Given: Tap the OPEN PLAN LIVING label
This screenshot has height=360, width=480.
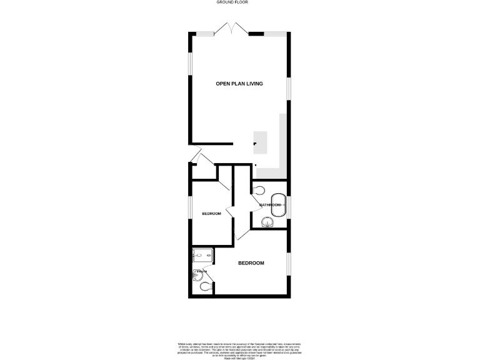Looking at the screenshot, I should pyautogui.click(x=239, y=84).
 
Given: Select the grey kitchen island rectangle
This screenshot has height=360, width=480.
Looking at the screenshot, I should pyautogui.click(x=260, y=142).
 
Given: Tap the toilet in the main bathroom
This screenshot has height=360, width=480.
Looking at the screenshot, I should pyautogui.click(x=260, y=190).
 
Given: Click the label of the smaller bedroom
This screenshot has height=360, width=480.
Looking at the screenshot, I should pyautogui.click(x=211, y=214).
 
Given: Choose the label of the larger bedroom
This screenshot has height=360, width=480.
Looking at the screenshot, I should pyautogui.click(x=251, y=263).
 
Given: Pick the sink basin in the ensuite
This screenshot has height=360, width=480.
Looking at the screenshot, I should pyautogui.click(x=197, y=273).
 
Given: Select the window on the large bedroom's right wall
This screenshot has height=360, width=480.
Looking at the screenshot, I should pyautogui.click(x=288, y=263).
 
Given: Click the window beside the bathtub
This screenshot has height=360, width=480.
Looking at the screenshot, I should pyautogui.click(x=288, y=205).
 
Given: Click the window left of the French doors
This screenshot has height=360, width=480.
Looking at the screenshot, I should pyautogui.click(x=204, y=32).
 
